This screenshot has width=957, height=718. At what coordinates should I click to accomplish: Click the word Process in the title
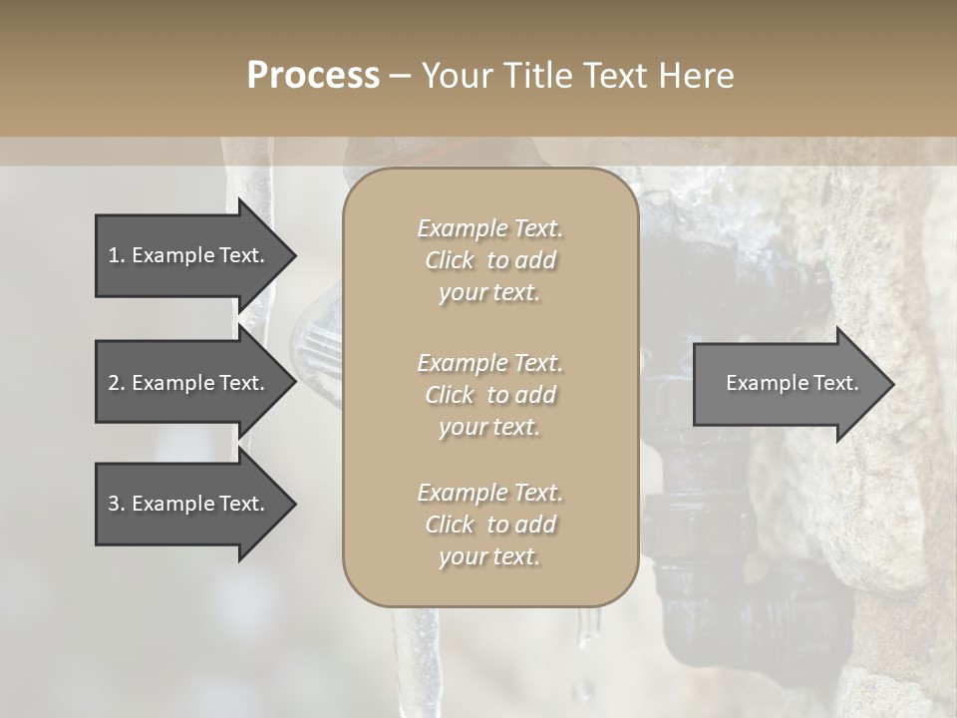(313, 76)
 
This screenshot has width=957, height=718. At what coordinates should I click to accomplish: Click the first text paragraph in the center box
(489, 260)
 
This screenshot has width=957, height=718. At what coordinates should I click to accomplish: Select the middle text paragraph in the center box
(489, 395)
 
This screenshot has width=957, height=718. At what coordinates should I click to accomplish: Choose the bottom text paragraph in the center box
(489, 525)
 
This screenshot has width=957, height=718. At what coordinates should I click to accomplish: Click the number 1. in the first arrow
(117, 255)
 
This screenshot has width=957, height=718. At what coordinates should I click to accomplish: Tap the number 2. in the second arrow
(117, 383)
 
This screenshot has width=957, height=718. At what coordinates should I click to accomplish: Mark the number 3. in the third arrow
(117, 504)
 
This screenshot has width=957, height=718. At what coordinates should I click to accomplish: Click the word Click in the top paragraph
(450, 260)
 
